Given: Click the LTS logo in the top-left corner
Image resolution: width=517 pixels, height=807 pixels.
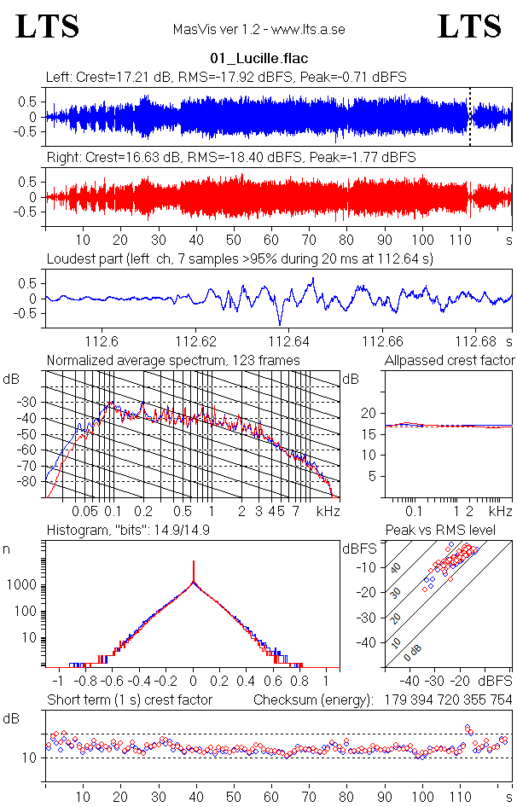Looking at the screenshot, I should (48, 26).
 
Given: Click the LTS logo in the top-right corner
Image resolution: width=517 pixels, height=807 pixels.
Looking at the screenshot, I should (469, 26).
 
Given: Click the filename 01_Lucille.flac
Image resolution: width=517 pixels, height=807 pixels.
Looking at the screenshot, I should (258, 58).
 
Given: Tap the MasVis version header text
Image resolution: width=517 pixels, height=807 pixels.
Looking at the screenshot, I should (258, 30).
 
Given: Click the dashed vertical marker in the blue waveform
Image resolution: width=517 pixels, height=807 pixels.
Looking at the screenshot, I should (470, 116).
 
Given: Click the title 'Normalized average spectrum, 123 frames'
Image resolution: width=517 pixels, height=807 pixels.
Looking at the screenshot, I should (173, 361).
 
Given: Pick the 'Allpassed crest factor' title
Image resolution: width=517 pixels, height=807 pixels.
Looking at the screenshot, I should (450, 361).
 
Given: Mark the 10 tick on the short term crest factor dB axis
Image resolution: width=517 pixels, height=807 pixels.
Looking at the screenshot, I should (29, 758).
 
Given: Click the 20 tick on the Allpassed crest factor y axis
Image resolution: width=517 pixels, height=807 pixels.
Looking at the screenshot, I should (369, 413).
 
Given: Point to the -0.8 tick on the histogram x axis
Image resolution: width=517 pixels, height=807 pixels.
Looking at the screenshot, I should (84, 682).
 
